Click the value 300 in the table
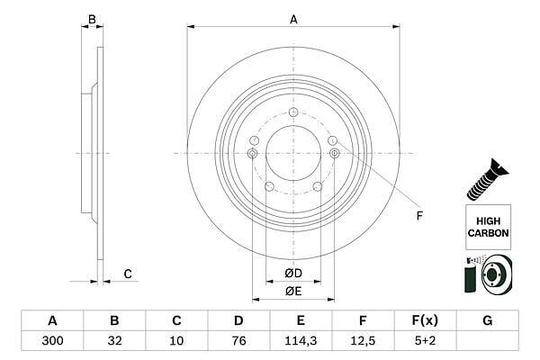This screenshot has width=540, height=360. (x=52, y=341)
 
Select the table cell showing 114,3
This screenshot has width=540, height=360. (x=301, y=341)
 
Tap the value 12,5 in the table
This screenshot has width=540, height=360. (x=363, y=341)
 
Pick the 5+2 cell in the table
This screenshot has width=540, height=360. (x=425, y=341)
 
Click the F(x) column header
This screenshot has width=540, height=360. (x=425, y=320)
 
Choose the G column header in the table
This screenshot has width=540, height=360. (x=487, y=320)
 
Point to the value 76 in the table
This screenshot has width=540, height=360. (x=238, y=341)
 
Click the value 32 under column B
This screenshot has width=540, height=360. (x=114, y=341)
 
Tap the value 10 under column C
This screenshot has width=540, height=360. (x=176, y=341)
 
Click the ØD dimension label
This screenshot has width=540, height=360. (x=293, y=274)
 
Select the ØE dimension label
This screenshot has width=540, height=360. (x=293, y=291)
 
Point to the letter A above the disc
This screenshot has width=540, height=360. (x=293, y=19)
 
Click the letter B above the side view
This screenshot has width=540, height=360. (x=92, y=19)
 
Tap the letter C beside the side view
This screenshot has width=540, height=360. (x=128, y=274)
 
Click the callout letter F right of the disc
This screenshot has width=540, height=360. (x=419, y=216)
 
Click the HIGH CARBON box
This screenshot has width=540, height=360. (x=488, y=227)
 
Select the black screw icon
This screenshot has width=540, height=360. (x=487, y=179)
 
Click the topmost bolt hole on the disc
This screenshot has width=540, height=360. (x=293, y=112)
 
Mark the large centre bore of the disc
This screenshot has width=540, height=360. (x=293, y=153)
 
